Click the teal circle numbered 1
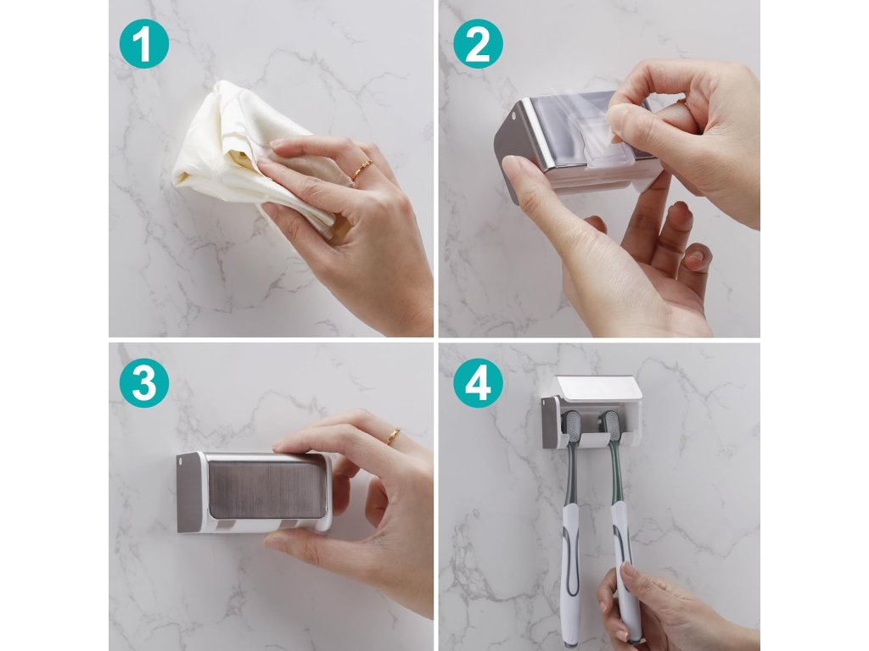pos(143,44)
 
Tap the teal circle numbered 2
pos(478,44)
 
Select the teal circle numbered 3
pos(143,383)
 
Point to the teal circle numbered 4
pos(478,383)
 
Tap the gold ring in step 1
pos(363,170)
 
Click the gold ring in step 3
pos(392,437)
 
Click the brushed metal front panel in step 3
pos(267,489)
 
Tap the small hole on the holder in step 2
pos(513,117)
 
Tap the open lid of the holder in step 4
pos(598,387)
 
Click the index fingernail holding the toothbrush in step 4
pos(627,570)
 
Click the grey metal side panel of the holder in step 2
pos(510,149)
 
